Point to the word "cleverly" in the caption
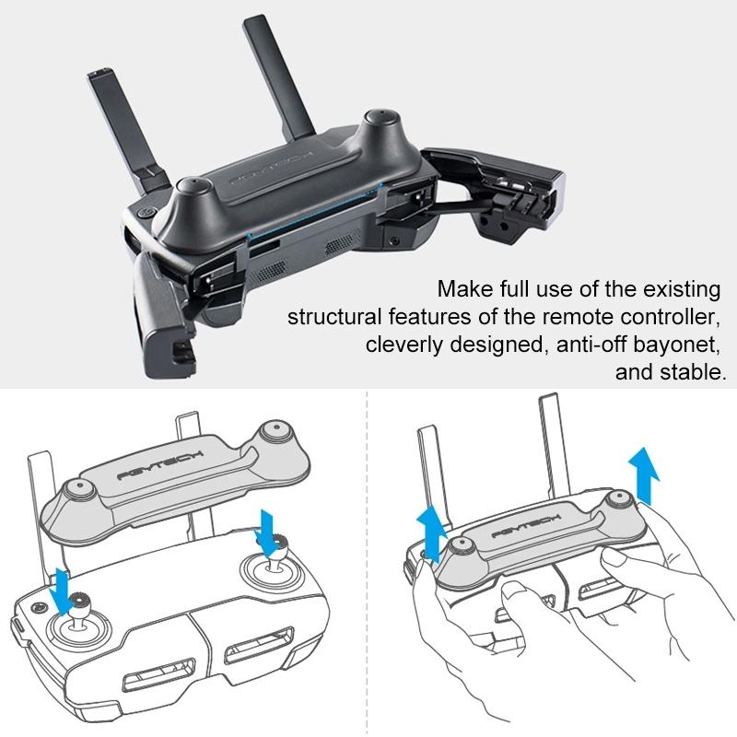(x=403, y=345)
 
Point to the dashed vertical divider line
(x=368, y=553)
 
